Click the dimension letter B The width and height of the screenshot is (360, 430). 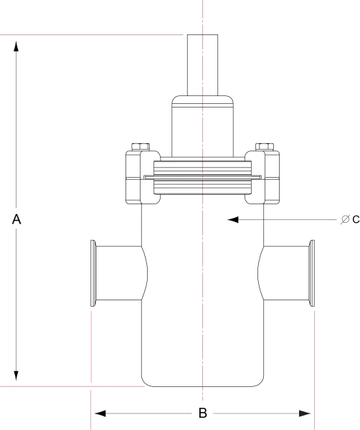(x=203, y=414)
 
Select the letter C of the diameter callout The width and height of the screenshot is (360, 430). (x=355, y=219)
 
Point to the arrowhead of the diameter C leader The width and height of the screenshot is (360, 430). (x=232, y=219)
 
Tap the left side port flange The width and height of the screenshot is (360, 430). (x=94, y=273)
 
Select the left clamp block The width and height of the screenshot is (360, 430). (x=138, y=176)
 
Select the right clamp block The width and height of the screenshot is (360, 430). (x=267, y=176)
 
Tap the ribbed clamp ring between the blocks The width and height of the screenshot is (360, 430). (x=203, y=178)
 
